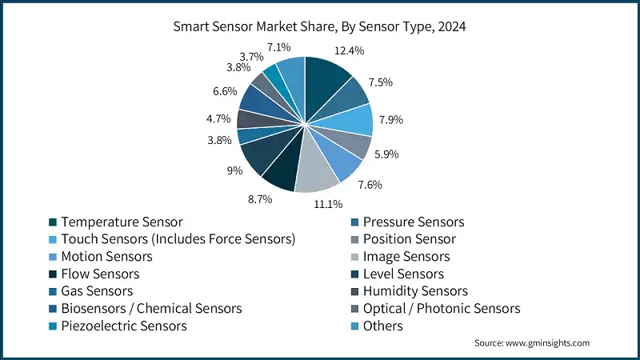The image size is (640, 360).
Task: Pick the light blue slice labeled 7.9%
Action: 355,120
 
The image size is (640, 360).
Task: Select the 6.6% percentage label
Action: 225,91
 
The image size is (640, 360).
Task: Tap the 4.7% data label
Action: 218,119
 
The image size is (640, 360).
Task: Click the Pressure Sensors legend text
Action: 414,222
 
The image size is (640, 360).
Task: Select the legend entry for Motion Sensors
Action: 106,257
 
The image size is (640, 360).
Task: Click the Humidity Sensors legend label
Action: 415,291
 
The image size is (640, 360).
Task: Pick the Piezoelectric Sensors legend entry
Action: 124,326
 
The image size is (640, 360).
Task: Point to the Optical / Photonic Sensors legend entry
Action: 442,308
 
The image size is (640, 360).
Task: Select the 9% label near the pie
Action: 228,170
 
